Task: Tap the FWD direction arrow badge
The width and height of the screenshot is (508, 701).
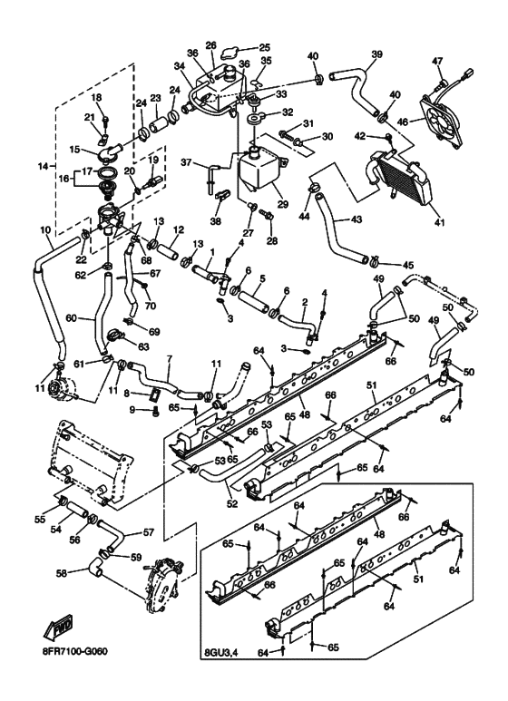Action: point(57,631)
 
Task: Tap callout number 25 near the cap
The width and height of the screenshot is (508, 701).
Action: point(265,47)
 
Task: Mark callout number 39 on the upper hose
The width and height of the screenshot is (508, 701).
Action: point(375,54)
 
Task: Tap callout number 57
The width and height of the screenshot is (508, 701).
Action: point(149,533)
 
